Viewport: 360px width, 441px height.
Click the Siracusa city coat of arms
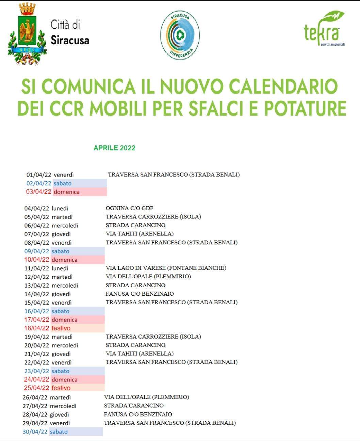pos(27,34)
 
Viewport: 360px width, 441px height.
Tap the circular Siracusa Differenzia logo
pos(180,35)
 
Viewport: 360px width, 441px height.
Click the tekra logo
pos(323,30)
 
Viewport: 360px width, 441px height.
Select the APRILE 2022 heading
pos(114,148)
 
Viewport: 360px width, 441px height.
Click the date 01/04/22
pos(39,175)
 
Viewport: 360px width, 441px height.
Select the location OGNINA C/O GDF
pos(129,208)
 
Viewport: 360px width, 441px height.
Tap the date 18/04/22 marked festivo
pos(37,328)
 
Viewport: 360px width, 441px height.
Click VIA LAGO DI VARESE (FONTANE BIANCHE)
pos(166,268)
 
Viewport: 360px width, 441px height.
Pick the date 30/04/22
pos(35,432)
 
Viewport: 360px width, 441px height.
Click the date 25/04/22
pos(36,388)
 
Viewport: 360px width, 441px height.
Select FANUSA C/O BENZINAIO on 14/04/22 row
pos(140,294)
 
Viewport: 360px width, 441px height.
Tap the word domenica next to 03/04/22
pos(66,192)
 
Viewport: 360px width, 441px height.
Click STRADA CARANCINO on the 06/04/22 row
pos(135,225)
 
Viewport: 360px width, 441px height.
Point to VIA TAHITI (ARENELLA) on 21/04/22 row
pos(140,354)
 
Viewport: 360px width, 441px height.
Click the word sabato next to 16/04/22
pos(60,311)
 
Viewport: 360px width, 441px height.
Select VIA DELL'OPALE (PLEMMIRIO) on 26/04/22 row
pos(146,397)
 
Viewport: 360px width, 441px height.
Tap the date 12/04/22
pos(37,277)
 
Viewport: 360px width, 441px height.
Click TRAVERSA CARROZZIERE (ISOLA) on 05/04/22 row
pos(153,217)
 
